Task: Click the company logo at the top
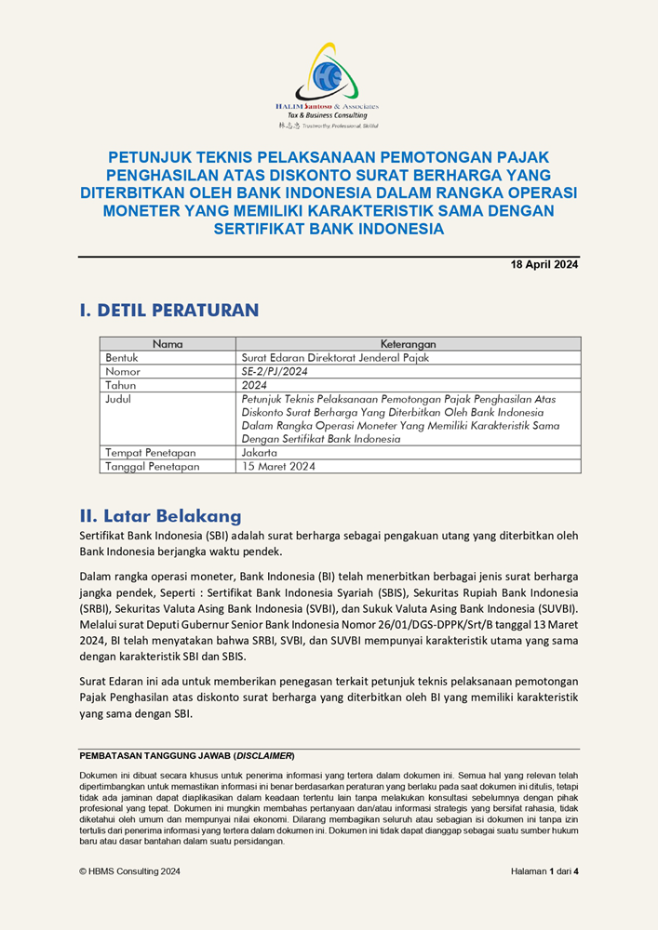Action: (x=328, y=84)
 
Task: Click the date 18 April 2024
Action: (x=544, y=265)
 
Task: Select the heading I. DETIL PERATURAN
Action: (x=168, y=310)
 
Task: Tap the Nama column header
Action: (x=168, y=344)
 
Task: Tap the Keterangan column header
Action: (x=408, y=344)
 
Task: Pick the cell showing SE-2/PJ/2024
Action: (x=277, y=371)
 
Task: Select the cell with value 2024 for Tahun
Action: (x=254, y=385)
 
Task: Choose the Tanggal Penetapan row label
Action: (x=153, y=467)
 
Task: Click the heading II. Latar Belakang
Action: (x=160, y=516)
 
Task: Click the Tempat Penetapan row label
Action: (x=150, y=453)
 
